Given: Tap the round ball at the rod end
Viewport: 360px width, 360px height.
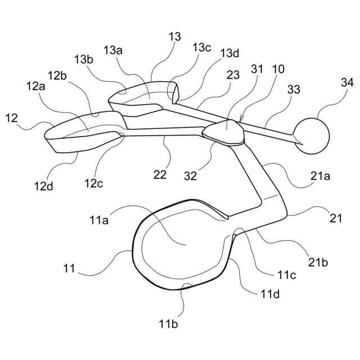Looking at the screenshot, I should click(x=311, y=136).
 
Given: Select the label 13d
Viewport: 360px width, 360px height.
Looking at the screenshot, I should click(x=229, y=53).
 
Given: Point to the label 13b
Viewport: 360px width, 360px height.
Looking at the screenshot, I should click(x=82, y=59).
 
